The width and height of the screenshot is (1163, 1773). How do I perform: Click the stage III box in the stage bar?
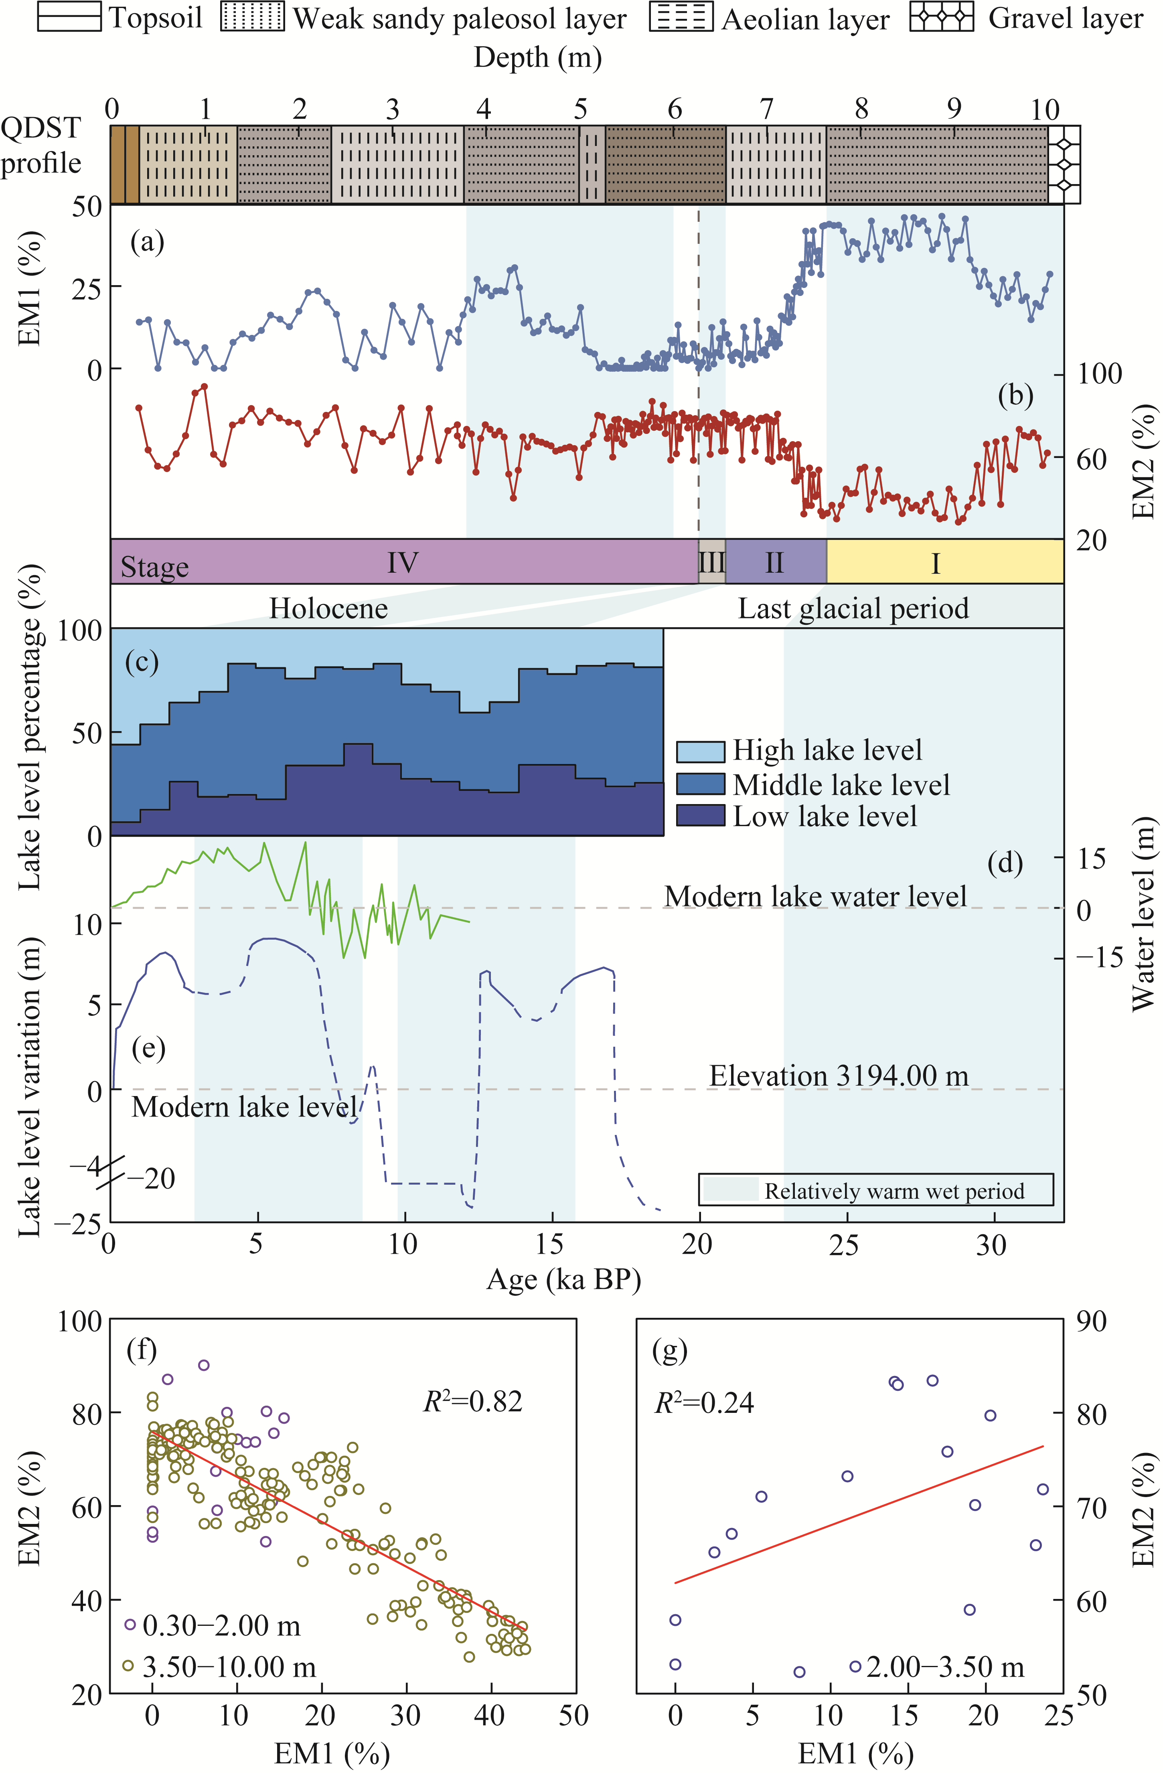[711, 562]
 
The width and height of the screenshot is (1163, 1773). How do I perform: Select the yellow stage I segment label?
[936, 563]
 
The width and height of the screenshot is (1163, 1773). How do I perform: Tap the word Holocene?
[328, 609]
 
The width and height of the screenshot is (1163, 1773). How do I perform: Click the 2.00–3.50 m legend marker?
[855, 1666]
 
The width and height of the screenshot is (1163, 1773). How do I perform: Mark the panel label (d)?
[1004, 863]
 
